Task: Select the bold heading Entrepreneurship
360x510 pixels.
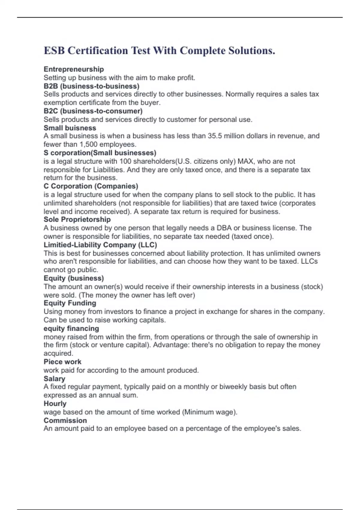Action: (74, 69)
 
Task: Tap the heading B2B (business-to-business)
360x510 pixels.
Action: (91, 86)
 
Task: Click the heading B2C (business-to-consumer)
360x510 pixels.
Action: (93, 111)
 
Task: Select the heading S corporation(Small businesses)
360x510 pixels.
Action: (100, 153)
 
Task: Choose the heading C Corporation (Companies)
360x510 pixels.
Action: (91, 186)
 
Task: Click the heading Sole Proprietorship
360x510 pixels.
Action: (77, 220)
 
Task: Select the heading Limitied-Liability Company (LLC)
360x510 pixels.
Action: (100, 245)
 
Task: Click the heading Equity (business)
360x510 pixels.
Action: (74, 278)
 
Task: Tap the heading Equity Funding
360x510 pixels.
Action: (70, 303)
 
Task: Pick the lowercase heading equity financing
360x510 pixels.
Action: (71, 328)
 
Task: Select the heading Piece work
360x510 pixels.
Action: (62, 362)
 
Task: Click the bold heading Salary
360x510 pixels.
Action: (54, 379)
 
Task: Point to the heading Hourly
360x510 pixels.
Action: (55, 403)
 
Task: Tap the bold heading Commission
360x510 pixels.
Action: (65, 420)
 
